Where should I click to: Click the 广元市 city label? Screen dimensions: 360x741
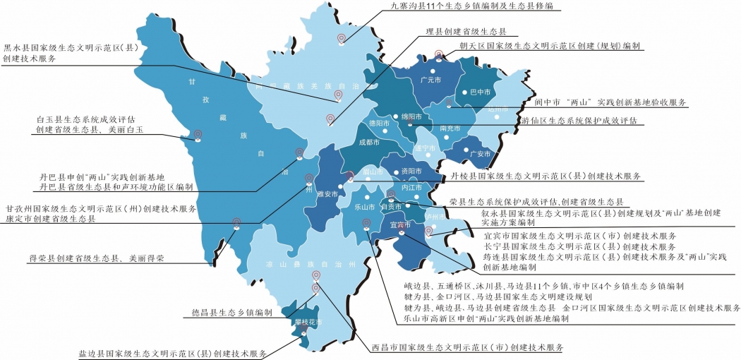tap(430, 80)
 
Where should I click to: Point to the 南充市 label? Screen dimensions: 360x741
tap(450, 128)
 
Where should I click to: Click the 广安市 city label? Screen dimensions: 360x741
tap(480, 154)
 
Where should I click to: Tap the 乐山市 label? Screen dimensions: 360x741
tap(364, 208)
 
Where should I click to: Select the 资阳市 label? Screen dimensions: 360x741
tap(411, 172)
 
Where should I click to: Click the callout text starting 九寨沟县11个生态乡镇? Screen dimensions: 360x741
tap(472, 6)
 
